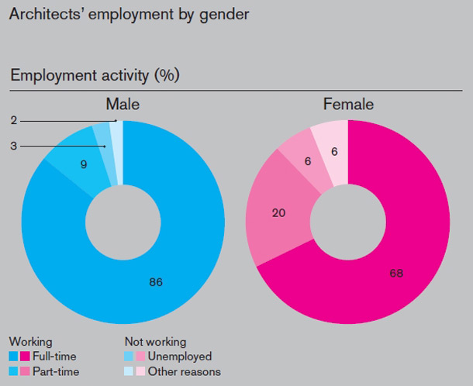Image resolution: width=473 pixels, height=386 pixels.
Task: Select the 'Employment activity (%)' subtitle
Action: [95, 76]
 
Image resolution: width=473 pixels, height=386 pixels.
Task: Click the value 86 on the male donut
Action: [156, 282]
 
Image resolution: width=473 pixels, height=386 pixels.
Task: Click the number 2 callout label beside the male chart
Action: [14, 120]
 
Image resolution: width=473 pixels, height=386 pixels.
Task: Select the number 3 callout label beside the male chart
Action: [14, 145]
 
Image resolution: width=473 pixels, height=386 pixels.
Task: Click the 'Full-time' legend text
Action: [57, 357]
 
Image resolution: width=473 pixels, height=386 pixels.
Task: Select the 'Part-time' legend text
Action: [57, 371]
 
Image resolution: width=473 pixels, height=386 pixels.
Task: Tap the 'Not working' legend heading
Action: [155, 341]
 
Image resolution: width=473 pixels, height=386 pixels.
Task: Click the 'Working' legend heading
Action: [30, 341]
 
